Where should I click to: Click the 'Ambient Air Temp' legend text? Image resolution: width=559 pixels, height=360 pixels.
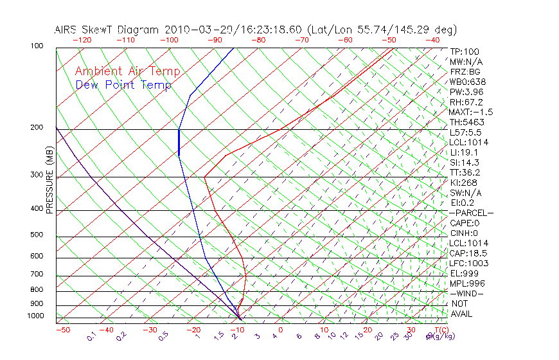click(x=127, y=71)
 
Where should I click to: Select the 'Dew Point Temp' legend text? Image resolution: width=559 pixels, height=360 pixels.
click(x=123, y=85)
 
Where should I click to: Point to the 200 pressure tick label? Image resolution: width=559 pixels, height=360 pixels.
click(x=36, y=127)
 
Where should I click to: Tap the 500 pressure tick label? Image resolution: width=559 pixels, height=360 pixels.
click(x=36, y=235)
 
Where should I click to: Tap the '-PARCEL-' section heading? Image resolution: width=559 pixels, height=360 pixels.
click(x=471, y=213)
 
